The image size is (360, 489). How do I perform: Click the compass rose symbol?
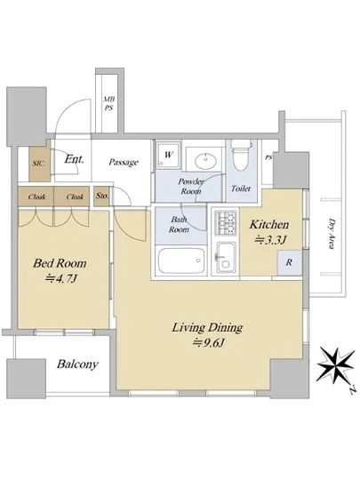(336, 365)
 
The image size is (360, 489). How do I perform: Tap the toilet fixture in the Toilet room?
(242, 156)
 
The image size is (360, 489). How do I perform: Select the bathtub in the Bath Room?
(180, 261)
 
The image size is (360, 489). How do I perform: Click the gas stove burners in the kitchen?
(226, 222)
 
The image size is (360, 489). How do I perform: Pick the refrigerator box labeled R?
(290, 262)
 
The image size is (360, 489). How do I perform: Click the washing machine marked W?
(168, 155)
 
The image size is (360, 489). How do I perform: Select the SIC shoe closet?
(39, 163)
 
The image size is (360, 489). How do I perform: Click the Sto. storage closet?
(101, 196)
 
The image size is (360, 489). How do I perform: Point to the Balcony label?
(77, 364)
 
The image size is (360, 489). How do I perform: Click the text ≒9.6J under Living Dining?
(209, 342)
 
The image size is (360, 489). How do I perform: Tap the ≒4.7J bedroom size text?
(60, 278)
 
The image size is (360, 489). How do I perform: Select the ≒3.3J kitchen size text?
(270, 239)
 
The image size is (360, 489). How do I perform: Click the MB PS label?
(108, 103)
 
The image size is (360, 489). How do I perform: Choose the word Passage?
(124, 162)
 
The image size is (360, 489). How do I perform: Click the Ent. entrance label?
(74, 159)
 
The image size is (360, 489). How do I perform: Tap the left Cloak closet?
(36, 196)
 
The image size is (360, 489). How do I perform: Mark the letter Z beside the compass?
(353, 390)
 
